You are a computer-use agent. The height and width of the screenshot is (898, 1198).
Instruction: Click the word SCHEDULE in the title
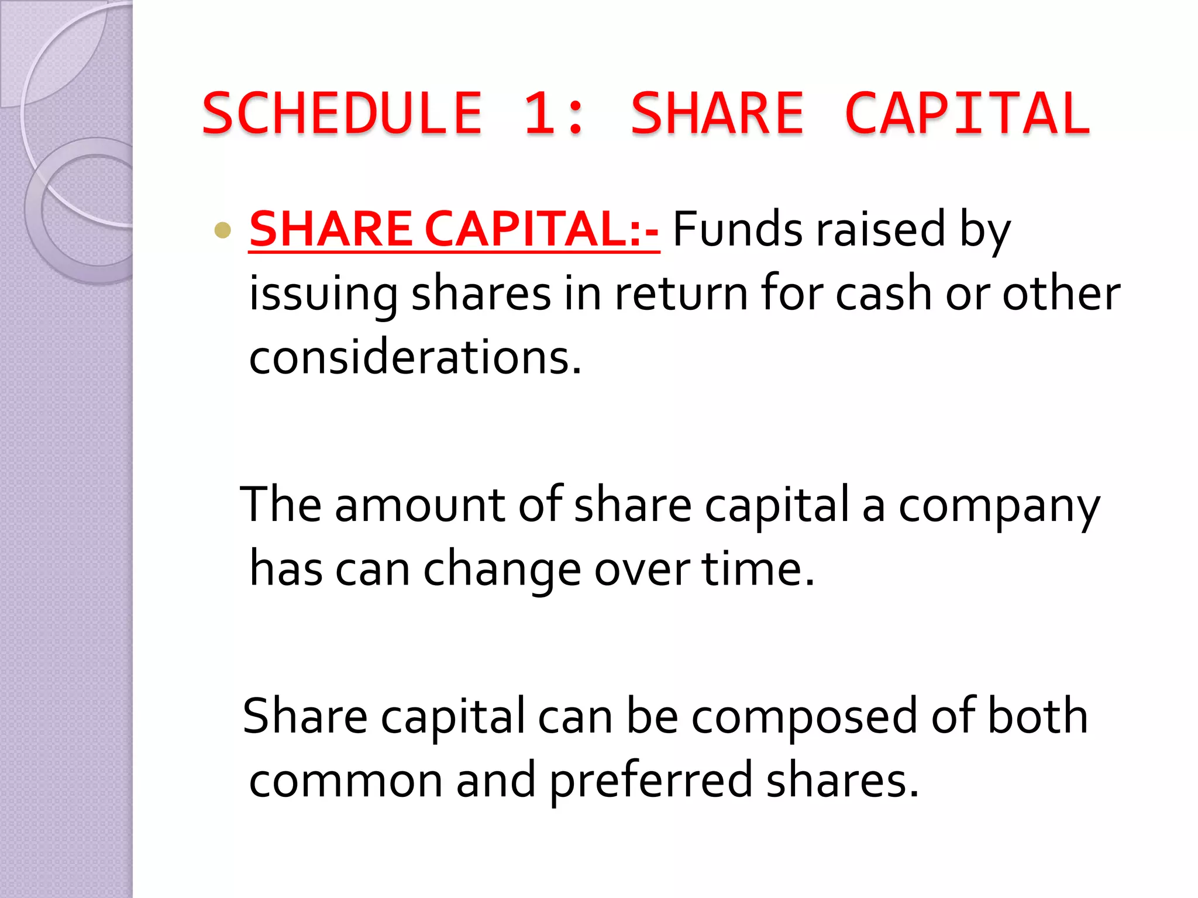click(x=342, y=113)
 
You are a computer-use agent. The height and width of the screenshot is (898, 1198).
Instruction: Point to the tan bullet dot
click(x=223, y=230)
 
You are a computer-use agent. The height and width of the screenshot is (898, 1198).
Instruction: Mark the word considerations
click(x=415, y=358)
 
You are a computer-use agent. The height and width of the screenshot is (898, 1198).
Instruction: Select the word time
click(x=758, y=569)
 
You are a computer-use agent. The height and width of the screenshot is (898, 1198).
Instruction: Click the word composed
click(x=805, y=718)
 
